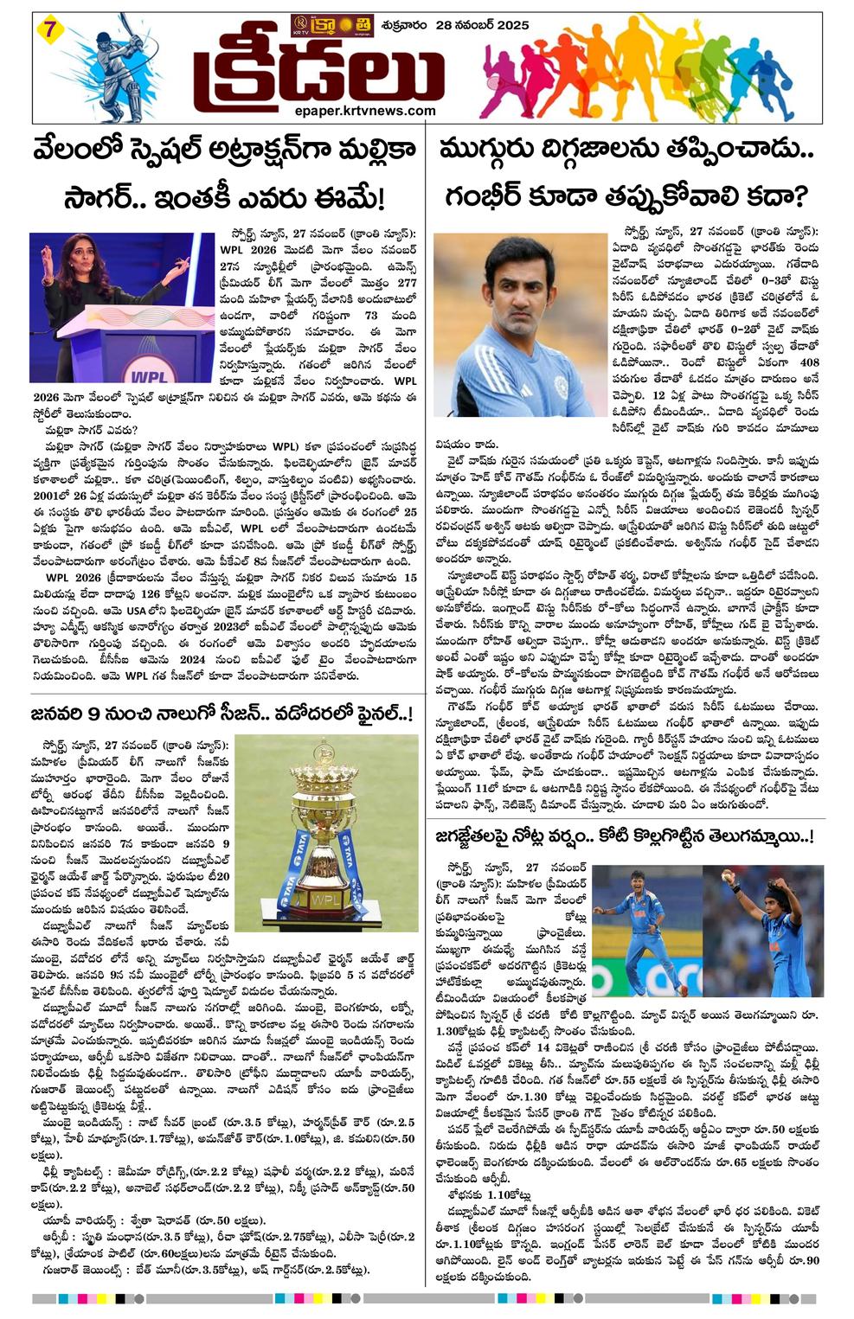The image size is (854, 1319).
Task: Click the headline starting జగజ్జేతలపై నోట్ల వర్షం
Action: tap(624, 838)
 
